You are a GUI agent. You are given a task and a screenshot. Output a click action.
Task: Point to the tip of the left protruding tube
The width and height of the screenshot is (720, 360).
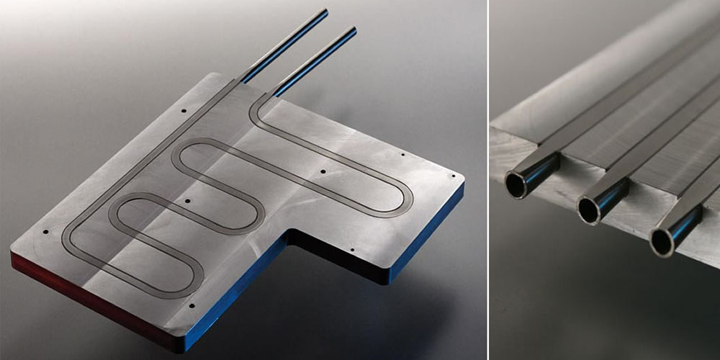[325, 12]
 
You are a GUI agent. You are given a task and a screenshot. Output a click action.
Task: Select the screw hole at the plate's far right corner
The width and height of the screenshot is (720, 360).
[452, 175]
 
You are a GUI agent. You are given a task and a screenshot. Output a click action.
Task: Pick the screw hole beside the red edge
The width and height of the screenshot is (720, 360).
[45, 233]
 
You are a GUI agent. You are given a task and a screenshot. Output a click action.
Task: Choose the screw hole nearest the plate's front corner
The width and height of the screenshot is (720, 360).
[193, 305]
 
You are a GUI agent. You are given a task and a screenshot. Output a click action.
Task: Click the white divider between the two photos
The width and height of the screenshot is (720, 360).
[487, 180]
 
